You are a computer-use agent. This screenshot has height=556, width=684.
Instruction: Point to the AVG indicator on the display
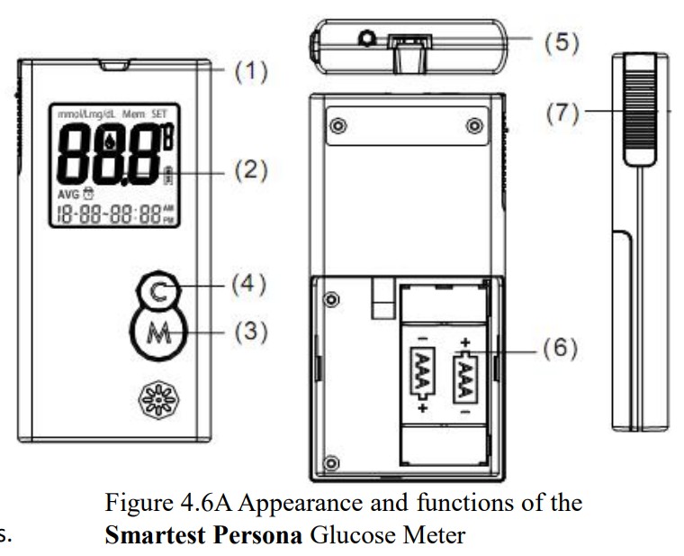point(69,195)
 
